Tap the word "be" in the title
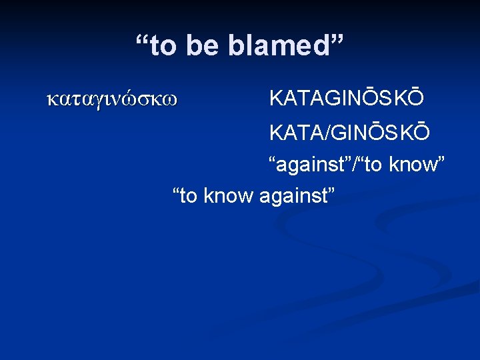click(x=203, y=47)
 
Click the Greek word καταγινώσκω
click(x=112, y=100)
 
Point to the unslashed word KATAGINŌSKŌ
click(x=345, y=99)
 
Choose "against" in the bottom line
click(x=296, y=196)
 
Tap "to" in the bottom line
click(x=190, y=196)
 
